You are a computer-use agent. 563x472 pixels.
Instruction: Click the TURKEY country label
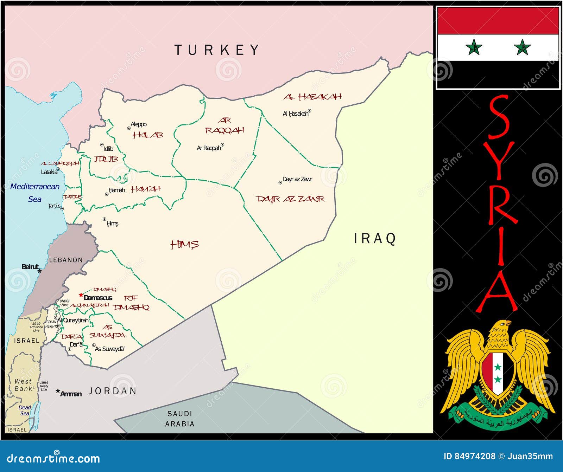pyautogui.click(x=217, y=50)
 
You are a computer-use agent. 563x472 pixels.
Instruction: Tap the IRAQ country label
pyautogui.click(x=375, y=239)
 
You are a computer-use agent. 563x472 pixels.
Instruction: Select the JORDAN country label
pyautogui.click(x=112, y=391)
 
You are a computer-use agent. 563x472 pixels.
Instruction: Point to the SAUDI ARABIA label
pyautogui.click(x=180, y=419)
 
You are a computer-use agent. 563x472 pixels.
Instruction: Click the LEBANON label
pyautogui.click(x=66, y=260)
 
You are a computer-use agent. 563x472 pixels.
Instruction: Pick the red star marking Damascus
pyautogui.click(x=81, y=295)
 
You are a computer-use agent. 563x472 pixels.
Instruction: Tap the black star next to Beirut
pyautogui.click(x=40, y=271)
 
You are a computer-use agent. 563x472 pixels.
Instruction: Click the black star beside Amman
pyautogui.click(x=58, y=391)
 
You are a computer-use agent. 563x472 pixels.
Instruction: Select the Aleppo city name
pyautogui.click(x=139, y=124)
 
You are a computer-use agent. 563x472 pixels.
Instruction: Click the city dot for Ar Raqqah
pyautogui.click(x=222, y=145)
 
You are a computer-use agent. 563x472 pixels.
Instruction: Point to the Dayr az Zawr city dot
pyautogui.click(x=280, y=183)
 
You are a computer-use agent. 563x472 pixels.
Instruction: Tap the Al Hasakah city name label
pyautogui.click(x=296, y=114)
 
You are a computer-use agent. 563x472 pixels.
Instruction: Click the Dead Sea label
pyautogui.click(x=25, y=410)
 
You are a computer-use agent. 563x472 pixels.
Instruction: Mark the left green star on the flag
pyautogui.click(x=474, y=47)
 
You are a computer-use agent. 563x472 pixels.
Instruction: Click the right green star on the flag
pyautogui.click(x=522, y=47)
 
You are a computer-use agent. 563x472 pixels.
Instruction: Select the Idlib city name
pyautogui.click(x=108, y=149)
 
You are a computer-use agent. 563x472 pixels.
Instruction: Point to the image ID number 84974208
pyautogui.click(x=475, y=456)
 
